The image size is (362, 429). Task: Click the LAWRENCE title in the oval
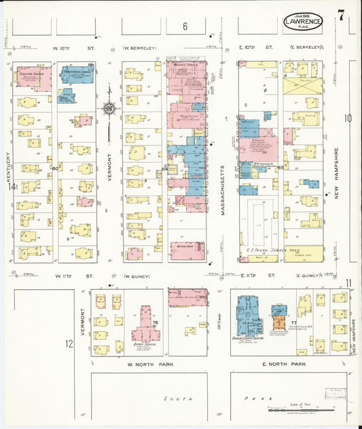[303, 20]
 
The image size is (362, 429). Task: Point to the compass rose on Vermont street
[109, 107]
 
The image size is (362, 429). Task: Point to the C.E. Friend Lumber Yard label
[263, 250]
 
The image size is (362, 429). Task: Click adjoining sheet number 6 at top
[184, 27]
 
